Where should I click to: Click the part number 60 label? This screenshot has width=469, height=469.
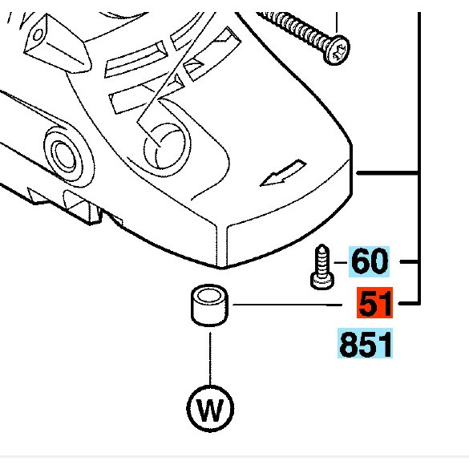[369, 261]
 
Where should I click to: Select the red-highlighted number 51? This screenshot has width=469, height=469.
[374, 303]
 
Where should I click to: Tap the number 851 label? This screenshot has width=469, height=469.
[366, 343]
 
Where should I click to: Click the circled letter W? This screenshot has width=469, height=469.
[210, 409]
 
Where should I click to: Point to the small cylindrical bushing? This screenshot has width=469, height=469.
[209, 305]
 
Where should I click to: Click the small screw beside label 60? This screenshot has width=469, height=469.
[321, 267]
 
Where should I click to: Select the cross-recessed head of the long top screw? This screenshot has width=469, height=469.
[338, 51]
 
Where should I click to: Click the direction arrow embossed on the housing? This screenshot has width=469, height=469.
[283, 173]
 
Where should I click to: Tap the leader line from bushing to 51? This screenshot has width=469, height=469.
[287, 305]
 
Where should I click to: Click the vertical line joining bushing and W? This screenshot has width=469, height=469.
[210, 359]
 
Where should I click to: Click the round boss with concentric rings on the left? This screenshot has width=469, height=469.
[66, 156]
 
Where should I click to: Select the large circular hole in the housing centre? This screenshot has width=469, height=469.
[167, 148]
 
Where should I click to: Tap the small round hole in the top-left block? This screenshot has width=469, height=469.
[38, 35]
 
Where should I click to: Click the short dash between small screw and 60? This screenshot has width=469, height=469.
[341, 262]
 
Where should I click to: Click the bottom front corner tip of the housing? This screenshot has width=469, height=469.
[220, 267]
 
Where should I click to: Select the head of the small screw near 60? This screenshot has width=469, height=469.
[322, 282]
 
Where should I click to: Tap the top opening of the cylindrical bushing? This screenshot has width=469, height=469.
[209, 294]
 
